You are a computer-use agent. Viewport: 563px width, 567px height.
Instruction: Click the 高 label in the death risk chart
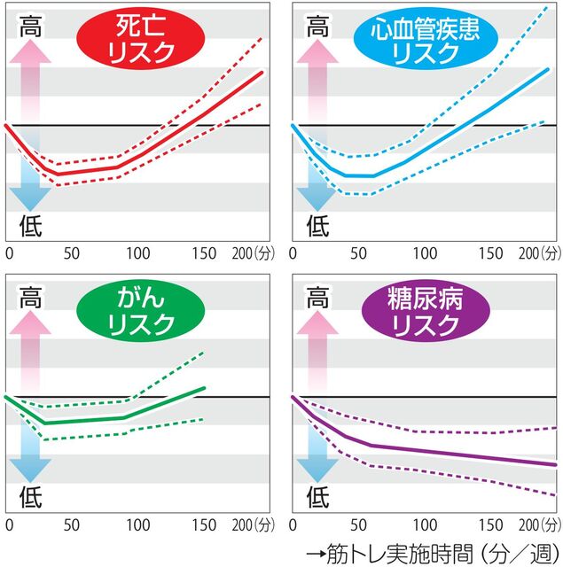30,27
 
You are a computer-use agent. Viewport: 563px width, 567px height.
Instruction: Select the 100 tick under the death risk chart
137,253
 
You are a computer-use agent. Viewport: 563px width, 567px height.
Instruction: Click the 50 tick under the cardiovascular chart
358,253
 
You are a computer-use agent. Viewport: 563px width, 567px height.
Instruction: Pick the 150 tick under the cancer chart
204,525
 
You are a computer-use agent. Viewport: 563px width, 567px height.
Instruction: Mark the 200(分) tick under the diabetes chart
536,525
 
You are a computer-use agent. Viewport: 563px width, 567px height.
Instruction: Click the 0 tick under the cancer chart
8,525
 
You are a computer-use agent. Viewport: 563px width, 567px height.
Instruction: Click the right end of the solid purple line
555,464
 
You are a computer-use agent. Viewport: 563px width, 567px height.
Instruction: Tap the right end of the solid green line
205,388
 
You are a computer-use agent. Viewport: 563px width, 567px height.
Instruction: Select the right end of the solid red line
263,72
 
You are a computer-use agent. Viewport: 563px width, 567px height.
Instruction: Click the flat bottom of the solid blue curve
359,175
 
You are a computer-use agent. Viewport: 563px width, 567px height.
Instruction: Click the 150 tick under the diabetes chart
491,525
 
